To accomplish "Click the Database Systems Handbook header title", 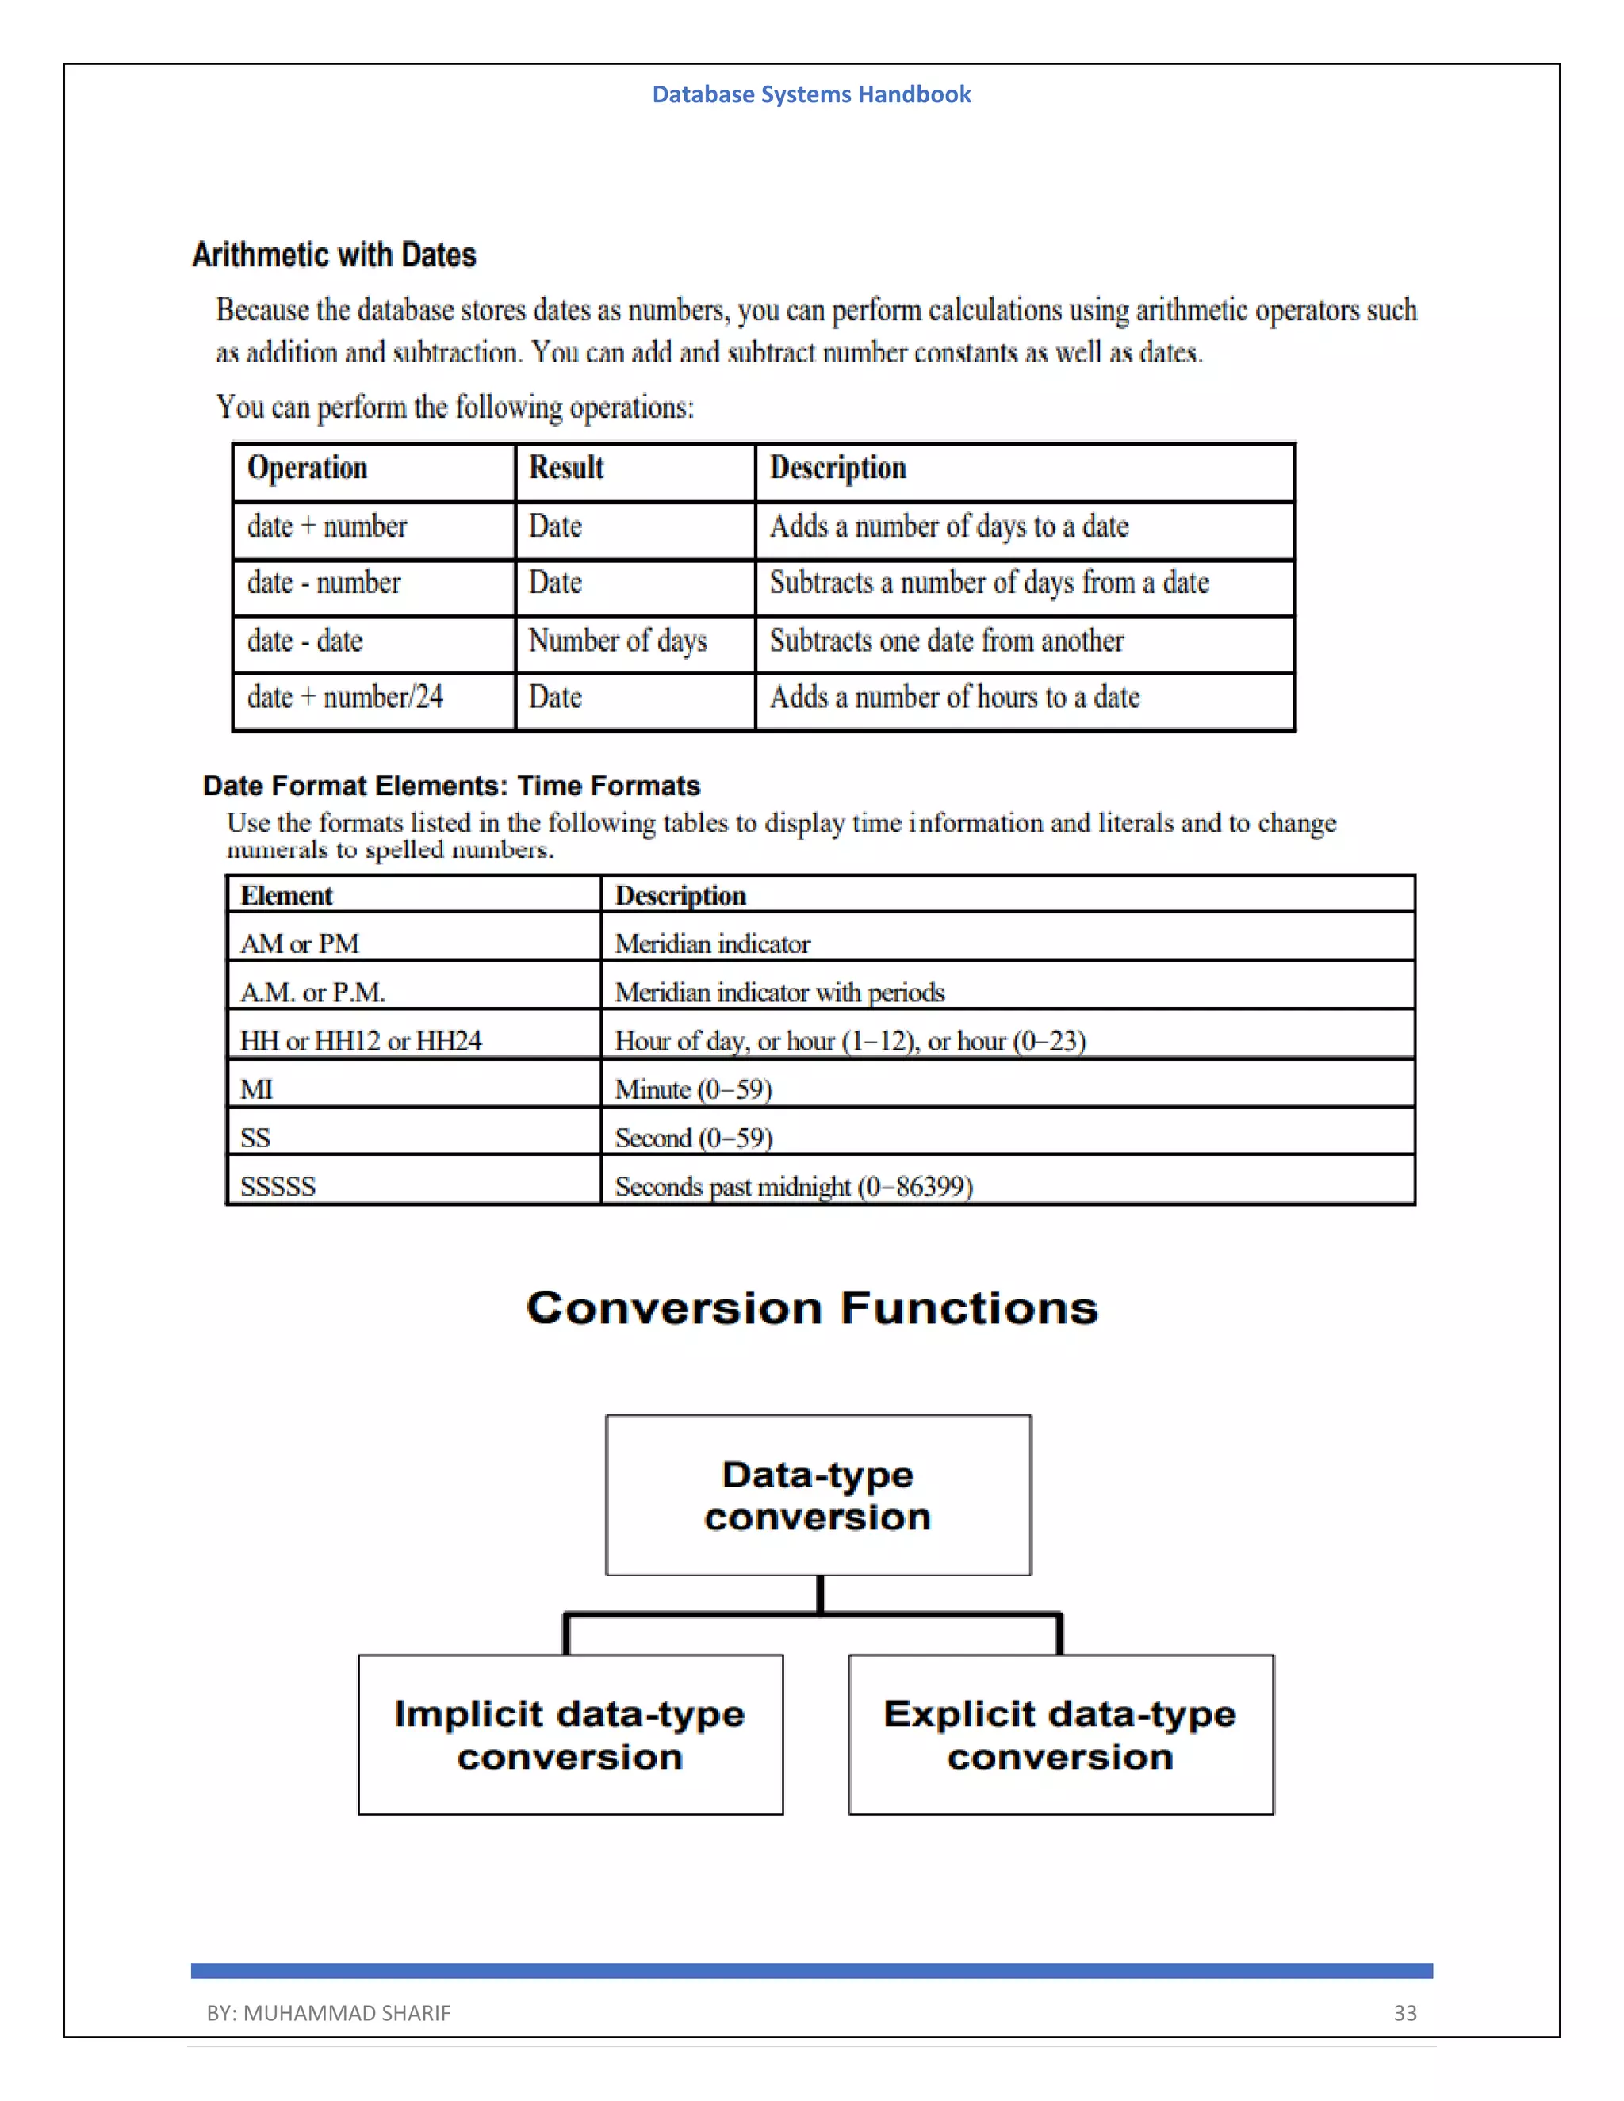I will click(811, 94).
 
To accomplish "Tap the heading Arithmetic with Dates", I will click(334, 255).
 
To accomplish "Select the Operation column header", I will click(307, 468).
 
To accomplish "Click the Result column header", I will click(565, 468).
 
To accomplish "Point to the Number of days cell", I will click(618, 641).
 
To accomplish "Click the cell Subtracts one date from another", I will click(946, 641).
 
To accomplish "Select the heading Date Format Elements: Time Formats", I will click(451, 786).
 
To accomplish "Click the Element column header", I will click(285, 896).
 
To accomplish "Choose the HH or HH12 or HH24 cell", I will click(361, 1041).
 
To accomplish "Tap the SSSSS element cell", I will click(278, 1186).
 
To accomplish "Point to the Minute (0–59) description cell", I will click(694, 1089).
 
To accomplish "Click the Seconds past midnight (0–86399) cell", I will click(794, 1186).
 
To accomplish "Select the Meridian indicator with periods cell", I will click(779, 992).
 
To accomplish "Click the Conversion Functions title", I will click(812, 1308).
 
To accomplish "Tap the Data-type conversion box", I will click(818, 1495).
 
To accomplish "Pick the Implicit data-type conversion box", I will click(569, 1735).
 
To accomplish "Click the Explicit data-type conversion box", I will click(1060, 1735).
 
